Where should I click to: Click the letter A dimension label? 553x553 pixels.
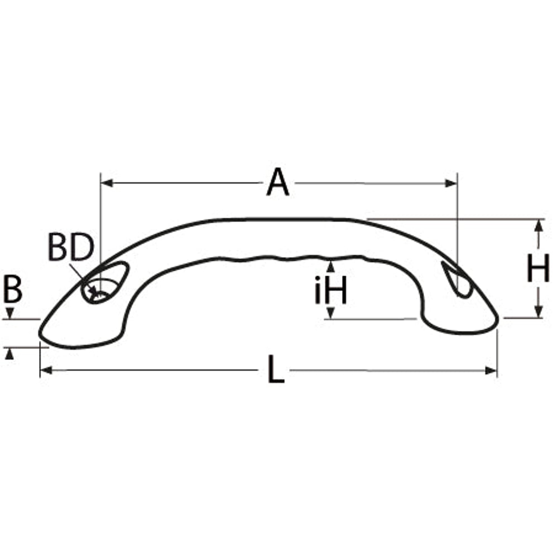(277, 182)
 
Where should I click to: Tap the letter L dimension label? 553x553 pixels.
(276, 369)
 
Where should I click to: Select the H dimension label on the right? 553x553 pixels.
(538, 268)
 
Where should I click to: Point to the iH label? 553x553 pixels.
(331, 290)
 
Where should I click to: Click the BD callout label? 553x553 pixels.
(71, 247)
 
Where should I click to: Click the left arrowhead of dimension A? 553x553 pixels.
(107, 183)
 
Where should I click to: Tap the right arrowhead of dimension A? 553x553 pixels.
(451, 183)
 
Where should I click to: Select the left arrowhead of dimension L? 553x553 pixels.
(46, 371)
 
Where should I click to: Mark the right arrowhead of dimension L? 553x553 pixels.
(491, 371)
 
